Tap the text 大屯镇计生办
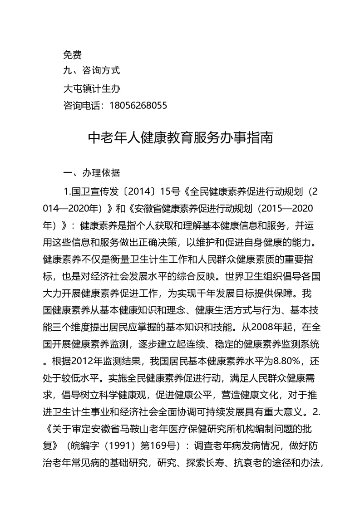(91, 88)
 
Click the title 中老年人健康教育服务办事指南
(180, 138)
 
